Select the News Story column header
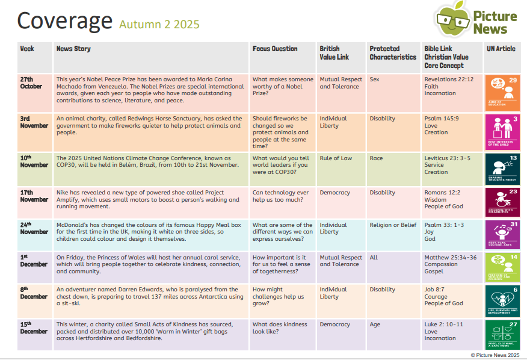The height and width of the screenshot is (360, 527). coord(73,49)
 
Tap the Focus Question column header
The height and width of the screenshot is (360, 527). coord(274,49)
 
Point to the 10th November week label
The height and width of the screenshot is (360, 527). coord(34,161)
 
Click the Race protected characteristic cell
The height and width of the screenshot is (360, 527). coord(376,158)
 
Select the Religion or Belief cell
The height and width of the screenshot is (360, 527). coord(393,225)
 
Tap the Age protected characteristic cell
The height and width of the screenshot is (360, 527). coord(375,324)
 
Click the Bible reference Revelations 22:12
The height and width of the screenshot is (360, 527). coord(449,79)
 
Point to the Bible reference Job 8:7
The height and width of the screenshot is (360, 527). coord(435,290)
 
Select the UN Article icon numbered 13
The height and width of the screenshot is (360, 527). coord(504,169)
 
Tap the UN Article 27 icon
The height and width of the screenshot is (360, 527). coord(504,334)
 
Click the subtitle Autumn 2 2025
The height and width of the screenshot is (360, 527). coord(159,25)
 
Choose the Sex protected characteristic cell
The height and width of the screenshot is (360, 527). coord(374,79)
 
